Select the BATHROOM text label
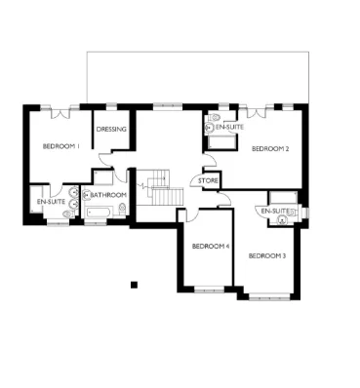[x=109, y=195]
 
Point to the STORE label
[x=208, y=180]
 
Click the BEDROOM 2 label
[x=269, y=149]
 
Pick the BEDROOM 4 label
[x=210, y=246]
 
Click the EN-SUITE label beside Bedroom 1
[x=49, y=202]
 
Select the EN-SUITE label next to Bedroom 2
[x=229, y=127]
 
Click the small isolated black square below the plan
[x=135, y=285]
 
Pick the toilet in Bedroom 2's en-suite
[x=210, y=126]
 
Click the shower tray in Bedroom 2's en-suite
[x=222, y=143]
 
